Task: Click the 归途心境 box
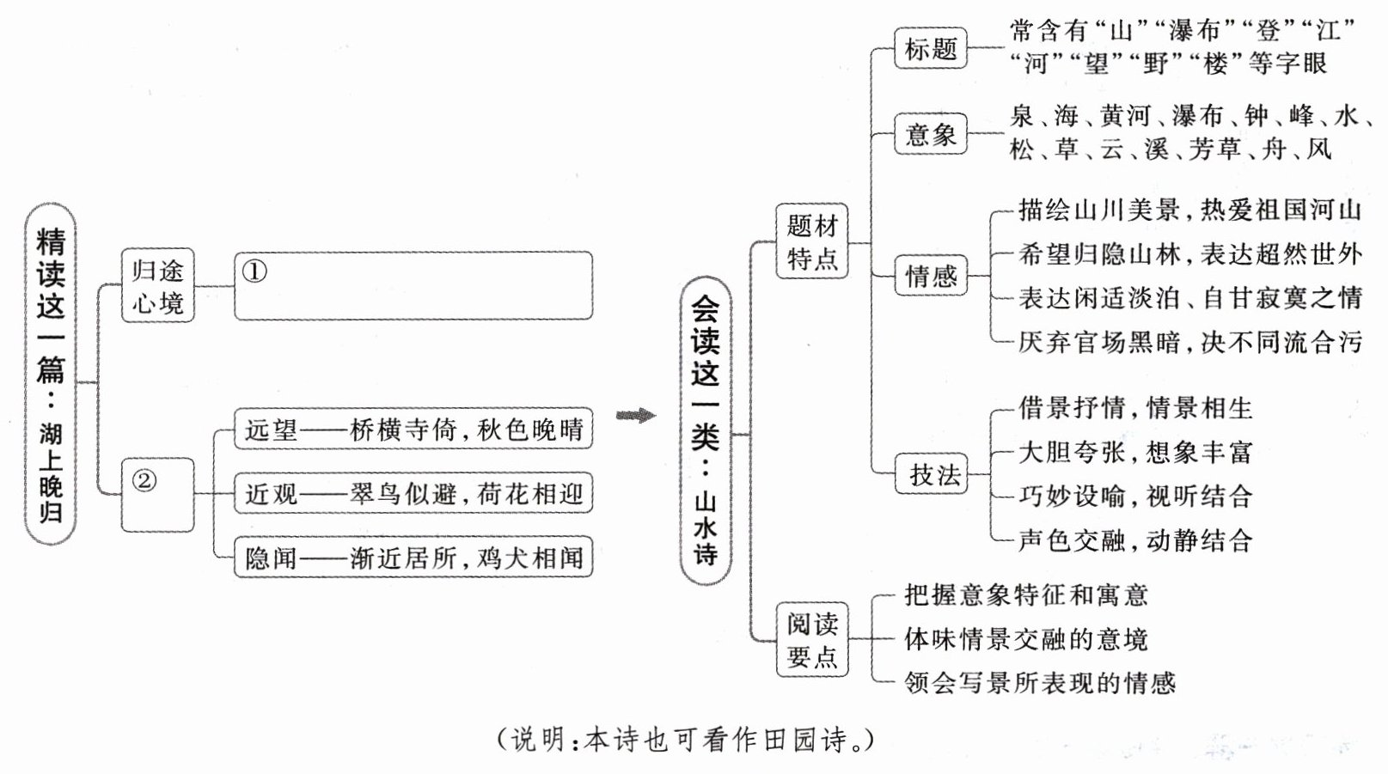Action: click(157, 286)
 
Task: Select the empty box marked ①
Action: click(413, 286)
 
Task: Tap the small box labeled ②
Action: click(157, 495)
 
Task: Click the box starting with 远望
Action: click(413, 429)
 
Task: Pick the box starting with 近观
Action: click(413, 494)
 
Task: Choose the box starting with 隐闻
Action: click(413, 558)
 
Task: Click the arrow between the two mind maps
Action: click(635, 416)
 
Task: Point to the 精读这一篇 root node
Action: click(51, 375)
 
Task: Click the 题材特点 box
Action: click(811, 241)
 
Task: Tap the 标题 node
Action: click(931, 49)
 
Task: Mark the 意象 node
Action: click(931, 134)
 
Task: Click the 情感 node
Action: click(931, 276)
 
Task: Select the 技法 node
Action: click(934, 474)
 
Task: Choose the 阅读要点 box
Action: click(811, 640)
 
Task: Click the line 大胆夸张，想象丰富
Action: click(1134, 452)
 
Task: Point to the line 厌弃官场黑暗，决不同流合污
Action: click(1189, 342)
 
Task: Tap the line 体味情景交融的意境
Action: click(1025, 639)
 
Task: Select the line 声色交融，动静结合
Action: click(1134, 540)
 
